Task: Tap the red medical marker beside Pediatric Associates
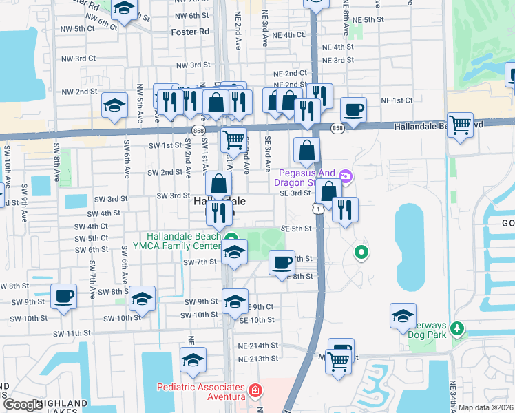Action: [255, 392]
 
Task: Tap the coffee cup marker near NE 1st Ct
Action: [353, 110]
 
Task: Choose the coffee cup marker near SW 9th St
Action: [64, 297]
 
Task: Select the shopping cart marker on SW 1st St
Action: [234, 140]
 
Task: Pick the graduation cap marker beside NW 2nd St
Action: [114, 105]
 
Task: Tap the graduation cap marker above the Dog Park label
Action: [403, 316]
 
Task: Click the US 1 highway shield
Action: [317, 207]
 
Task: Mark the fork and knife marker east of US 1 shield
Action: [345, 209]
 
